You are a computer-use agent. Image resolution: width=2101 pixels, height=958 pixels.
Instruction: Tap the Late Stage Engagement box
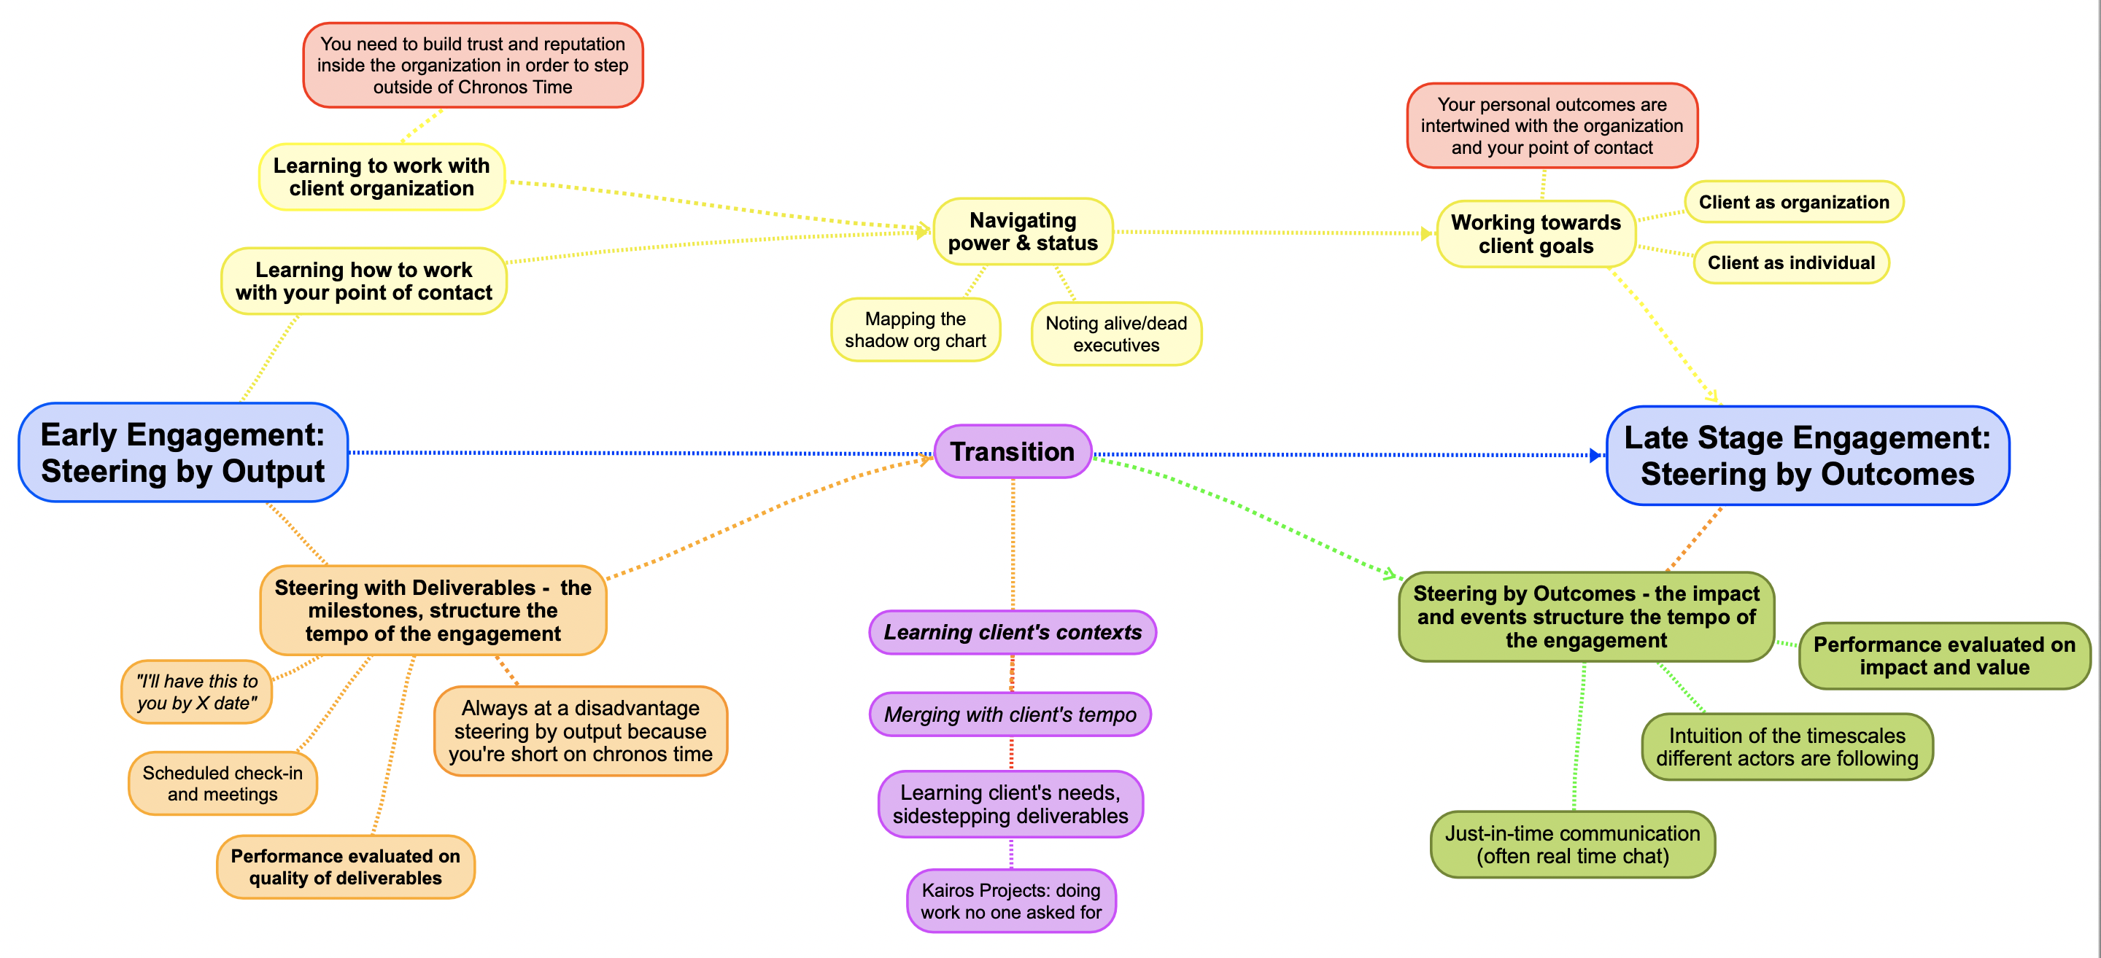[x=1808, y=456]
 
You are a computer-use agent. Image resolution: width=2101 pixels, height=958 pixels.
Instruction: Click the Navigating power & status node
[x=1023, y=232]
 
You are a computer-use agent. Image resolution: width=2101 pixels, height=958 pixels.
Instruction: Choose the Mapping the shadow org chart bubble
[x=915, y=330]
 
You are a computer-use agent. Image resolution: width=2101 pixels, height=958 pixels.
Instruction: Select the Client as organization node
[x=1794, y=201]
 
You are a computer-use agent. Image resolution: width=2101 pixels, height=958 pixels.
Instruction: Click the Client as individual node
[x=1791, y=262]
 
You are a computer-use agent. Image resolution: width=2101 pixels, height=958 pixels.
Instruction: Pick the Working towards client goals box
[x=1536, y=234]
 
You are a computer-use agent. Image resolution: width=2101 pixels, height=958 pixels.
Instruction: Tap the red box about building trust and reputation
[x=473, y=65]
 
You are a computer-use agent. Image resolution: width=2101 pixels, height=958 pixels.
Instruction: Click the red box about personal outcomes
[x=1552, y=125]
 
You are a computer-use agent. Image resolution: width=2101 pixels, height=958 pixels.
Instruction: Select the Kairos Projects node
[x=1011, y=901]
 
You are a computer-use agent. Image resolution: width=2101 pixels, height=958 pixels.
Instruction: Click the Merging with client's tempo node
[x=1010, y=714]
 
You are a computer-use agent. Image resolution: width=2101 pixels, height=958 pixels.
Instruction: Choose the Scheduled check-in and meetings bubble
[x=223, y=784]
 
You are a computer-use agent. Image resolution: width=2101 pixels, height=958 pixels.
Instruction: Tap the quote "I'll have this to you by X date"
[x=196, y=692]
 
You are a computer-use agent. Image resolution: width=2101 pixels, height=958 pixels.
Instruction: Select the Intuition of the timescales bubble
[x=1787, y=747]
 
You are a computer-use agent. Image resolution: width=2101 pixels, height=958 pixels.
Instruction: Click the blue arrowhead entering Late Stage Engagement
[x=1595, y=455]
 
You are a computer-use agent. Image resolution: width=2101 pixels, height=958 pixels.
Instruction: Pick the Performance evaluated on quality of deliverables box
[x=346, y=867]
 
